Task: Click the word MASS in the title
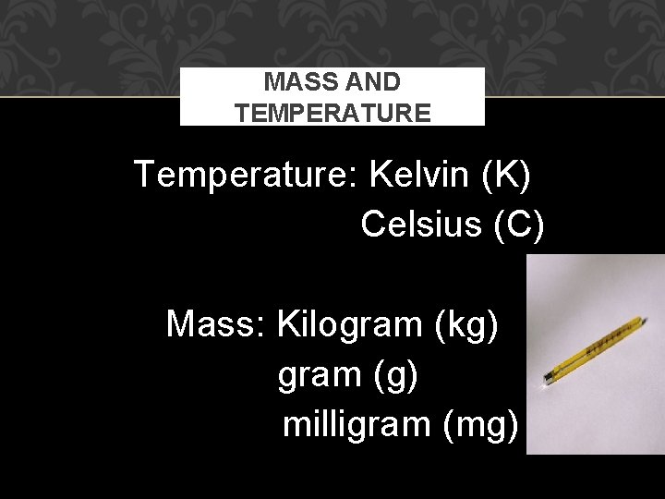click(x=292, y=82)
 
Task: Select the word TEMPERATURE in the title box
click(x=332, y=113)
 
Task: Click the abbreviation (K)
click(x=506, y=174)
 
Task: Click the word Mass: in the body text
click(x=217, y=323)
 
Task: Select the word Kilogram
click(x=350, y=325)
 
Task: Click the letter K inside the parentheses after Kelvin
click(x=507, y=174)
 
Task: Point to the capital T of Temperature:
click(x=145, y=173)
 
